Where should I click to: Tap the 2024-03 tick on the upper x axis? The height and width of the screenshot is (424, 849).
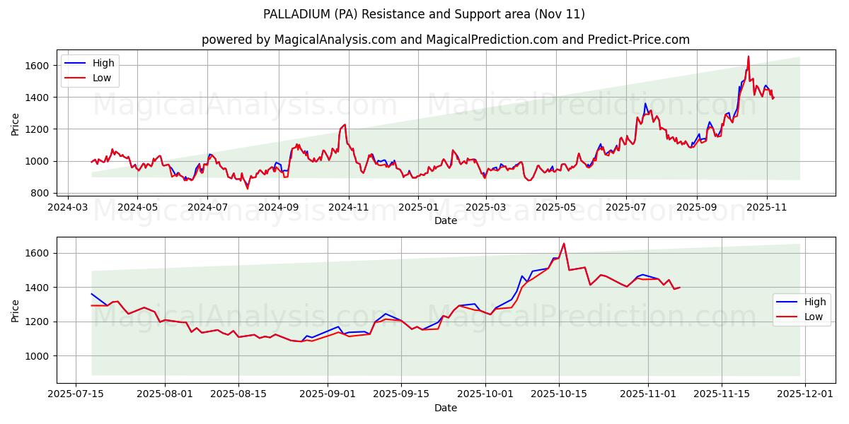point(68,207)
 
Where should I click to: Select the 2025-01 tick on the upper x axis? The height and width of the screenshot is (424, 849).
point(417,207)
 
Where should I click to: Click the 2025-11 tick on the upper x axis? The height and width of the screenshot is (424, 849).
point(766,207)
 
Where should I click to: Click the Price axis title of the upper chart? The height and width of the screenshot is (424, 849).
point(16,124)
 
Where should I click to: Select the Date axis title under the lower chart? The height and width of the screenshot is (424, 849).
point(446,408)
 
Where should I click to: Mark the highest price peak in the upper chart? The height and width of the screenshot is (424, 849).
point(749,57)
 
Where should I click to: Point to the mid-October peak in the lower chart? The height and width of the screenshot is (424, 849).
point(564,244)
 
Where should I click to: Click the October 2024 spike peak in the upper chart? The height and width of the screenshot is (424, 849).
point(345,125)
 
